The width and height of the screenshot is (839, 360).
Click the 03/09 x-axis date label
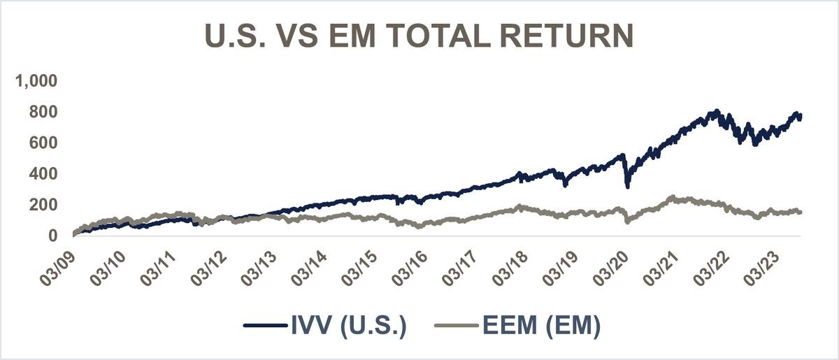pos(60,265)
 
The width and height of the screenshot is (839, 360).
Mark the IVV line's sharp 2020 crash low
pos(627,186)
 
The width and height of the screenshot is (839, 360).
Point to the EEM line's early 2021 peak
pos(673,198)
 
